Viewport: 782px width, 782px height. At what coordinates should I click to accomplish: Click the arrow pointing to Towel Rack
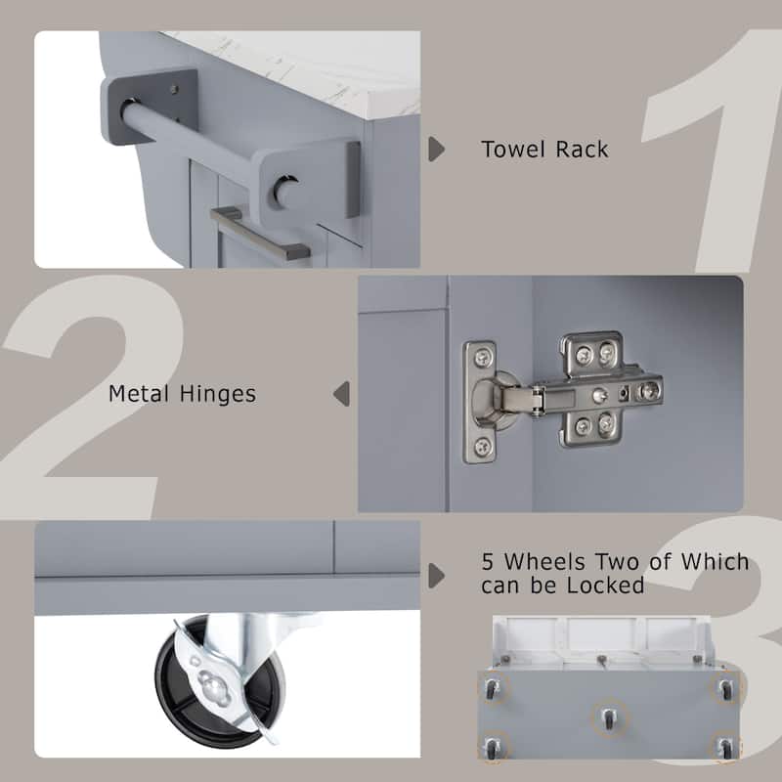[437, 150]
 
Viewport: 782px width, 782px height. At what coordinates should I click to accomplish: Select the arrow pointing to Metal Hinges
[341, 394]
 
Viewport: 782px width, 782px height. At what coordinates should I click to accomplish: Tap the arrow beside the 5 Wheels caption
[437, 574]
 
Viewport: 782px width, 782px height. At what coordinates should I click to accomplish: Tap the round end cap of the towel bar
[286, 188]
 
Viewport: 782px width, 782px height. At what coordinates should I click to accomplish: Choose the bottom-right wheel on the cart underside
[724, 747]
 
